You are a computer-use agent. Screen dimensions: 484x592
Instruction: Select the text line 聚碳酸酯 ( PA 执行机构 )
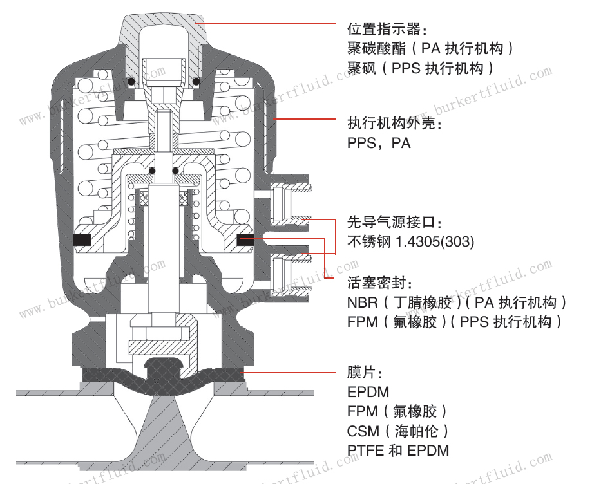430,49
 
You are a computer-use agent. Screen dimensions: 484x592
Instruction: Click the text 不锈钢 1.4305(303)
410,242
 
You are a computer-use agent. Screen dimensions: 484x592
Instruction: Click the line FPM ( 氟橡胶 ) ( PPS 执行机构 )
454,322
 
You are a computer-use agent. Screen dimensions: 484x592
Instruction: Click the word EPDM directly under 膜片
368,392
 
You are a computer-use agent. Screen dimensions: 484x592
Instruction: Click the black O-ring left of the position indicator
132,82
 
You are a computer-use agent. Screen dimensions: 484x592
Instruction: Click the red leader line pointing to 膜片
290,373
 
